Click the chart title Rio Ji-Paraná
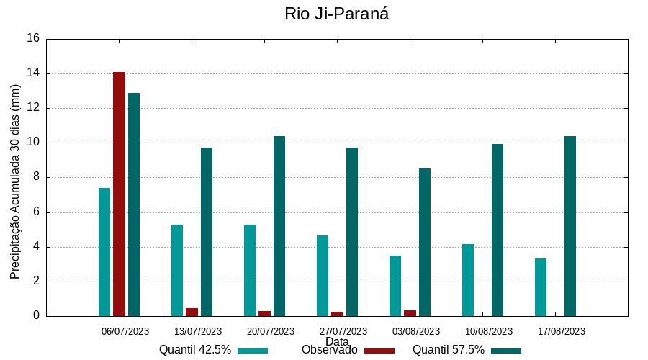pos(336,14)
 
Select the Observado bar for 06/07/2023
pos(119,194)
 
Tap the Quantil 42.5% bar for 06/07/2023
pos(104,252)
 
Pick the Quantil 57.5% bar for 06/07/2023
pos(134,204)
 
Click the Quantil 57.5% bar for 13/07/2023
pos(207,232)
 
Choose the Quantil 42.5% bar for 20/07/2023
pos(250,270)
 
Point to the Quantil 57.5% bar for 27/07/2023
pos(352,232)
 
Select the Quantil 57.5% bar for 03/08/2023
pos(425,242)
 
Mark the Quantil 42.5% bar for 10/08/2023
pos(468,280)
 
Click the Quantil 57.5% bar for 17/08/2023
pos(570,226)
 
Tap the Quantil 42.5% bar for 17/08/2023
pos(541,287)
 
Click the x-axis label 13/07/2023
pos(198,331)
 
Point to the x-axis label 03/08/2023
pos(416,331)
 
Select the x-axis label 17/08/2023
pos(562,331)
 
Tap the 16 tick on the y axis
pos(32,39)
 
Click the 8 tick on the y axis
pos(35,178)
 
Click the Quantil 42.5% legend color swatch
pos(252,351)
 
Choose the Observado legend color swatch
pos(379,351)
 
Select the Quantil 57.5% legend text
pos(448,350)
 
